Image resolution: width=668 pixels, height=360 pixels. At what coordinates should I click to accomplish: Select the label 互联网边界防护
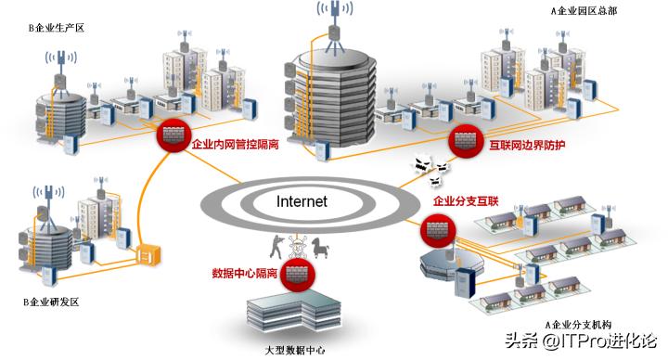tap(526, 147)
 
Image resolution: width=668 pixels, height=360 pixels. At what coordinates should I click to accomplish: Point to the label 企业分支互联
tap(466, 200)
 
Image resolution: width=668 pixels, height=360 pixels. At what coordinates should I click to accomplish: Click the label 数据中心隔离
tap(247, 275)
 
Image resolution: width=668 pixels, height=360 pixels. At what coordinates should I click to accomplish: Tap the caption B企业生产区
tap(57, 28)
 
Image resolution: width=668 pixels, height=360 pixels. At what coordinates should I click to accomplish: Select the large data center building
tap(295, 314)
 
